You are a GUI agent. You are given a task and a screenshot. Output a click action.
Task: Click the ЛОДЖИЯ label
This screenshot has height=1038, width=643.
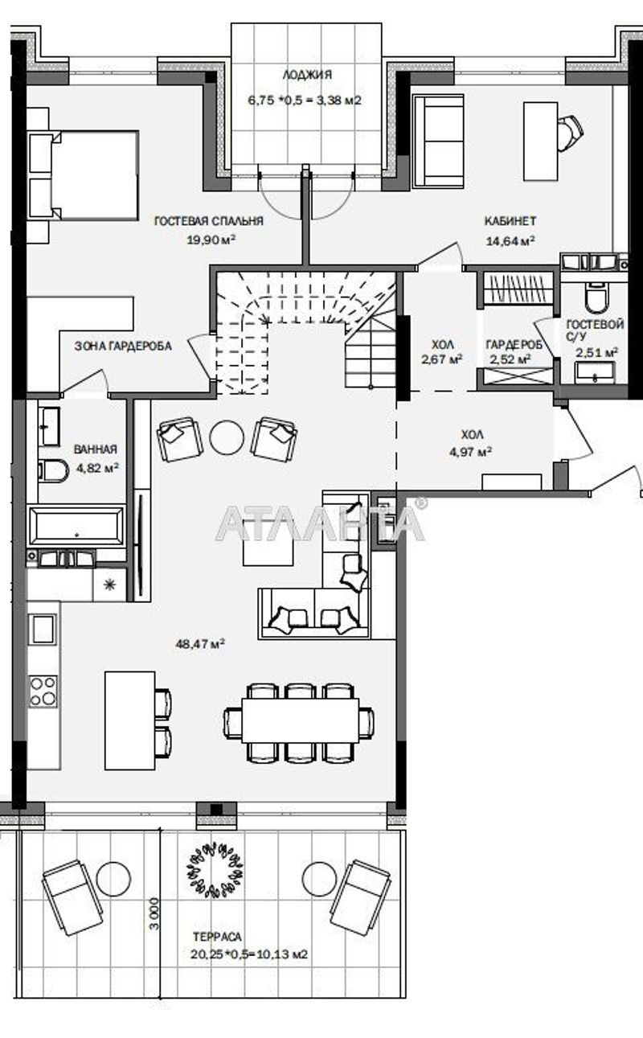[306, 75]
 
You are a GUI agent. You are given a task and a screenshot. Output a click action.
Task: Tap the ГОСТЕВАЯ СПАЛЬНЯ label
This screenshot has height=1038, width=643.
[209, 220]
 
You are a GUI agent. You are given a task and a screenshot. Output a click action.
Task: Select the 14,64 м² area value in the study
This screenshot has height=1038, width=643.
[510, 240]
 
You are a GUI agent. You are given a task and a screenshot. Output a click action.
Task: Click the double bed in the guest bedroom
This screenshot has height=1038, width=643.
[84, 175]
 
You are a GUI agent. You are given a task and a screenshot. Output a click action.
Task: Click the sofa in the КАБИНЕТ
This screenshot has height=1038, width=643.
[438, 142]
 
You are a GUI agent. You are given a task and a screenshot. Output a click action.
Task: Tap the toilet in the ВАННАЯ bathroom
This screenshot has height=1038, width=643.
[54, 470]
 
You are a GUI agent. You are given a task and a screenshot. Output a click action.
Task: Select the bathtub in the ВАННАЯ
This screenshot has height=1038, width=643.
[76, 525]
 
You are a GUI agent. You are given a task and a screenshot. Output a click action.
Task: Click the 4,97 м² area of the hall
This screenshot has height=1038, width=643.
[470, 452]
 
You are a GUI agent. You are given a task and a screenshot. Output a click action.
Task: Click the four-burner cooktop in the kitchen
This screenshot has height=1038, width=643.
[43, 690]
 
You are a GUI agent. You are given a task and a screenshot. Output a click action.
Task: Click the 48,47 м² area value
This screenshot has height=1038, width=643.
[199, 643]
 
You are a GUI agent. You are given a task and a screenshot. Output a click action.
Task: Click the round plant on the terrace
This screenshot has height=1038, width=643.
[215, 869]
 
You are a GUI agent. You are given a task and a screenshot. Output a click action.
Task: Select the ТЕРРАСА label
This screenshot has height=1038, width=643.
[216, 937]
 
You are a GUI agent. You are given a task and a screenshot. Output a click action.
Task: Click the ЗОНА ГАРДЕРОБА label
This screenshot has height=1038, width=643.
[123, 346]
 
